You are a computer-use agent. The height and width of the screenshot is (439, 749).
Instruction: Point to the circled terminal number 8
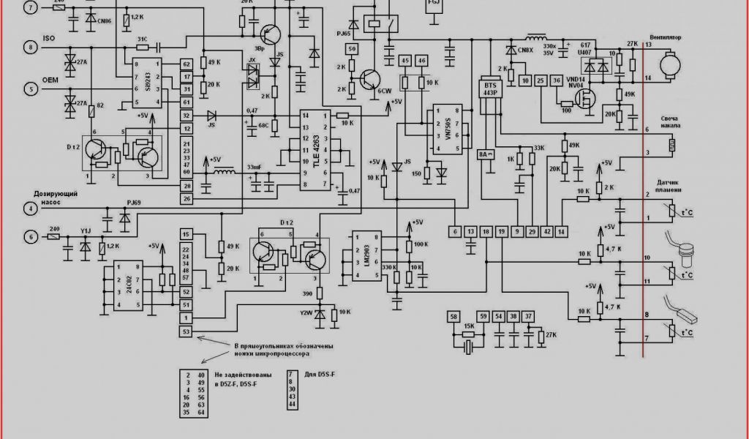(x=31, y=47)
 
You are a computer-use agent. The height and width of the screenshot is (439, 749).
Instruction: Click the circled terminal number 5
(x=31, y=89)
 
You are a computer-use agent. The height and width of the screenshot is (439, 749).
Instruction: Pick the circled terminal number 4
(x=31, y=209)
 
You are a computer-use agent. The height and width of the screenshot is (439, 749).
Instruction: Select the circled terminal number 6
(x=31, y=236)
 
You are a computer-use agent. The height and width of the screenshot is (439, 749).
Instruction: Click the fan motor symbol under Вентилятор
(x=669, y=65)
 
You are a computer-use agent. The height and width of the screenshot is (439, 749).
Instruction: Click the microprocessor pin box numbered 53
(x=187, y=332)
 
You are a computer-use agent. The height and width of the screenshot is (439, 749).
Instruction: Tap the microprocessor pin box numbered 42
(x=547, y=231)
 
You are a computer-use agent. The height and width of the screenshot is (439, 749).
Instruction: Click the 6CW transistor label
(x=385, y=91)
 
